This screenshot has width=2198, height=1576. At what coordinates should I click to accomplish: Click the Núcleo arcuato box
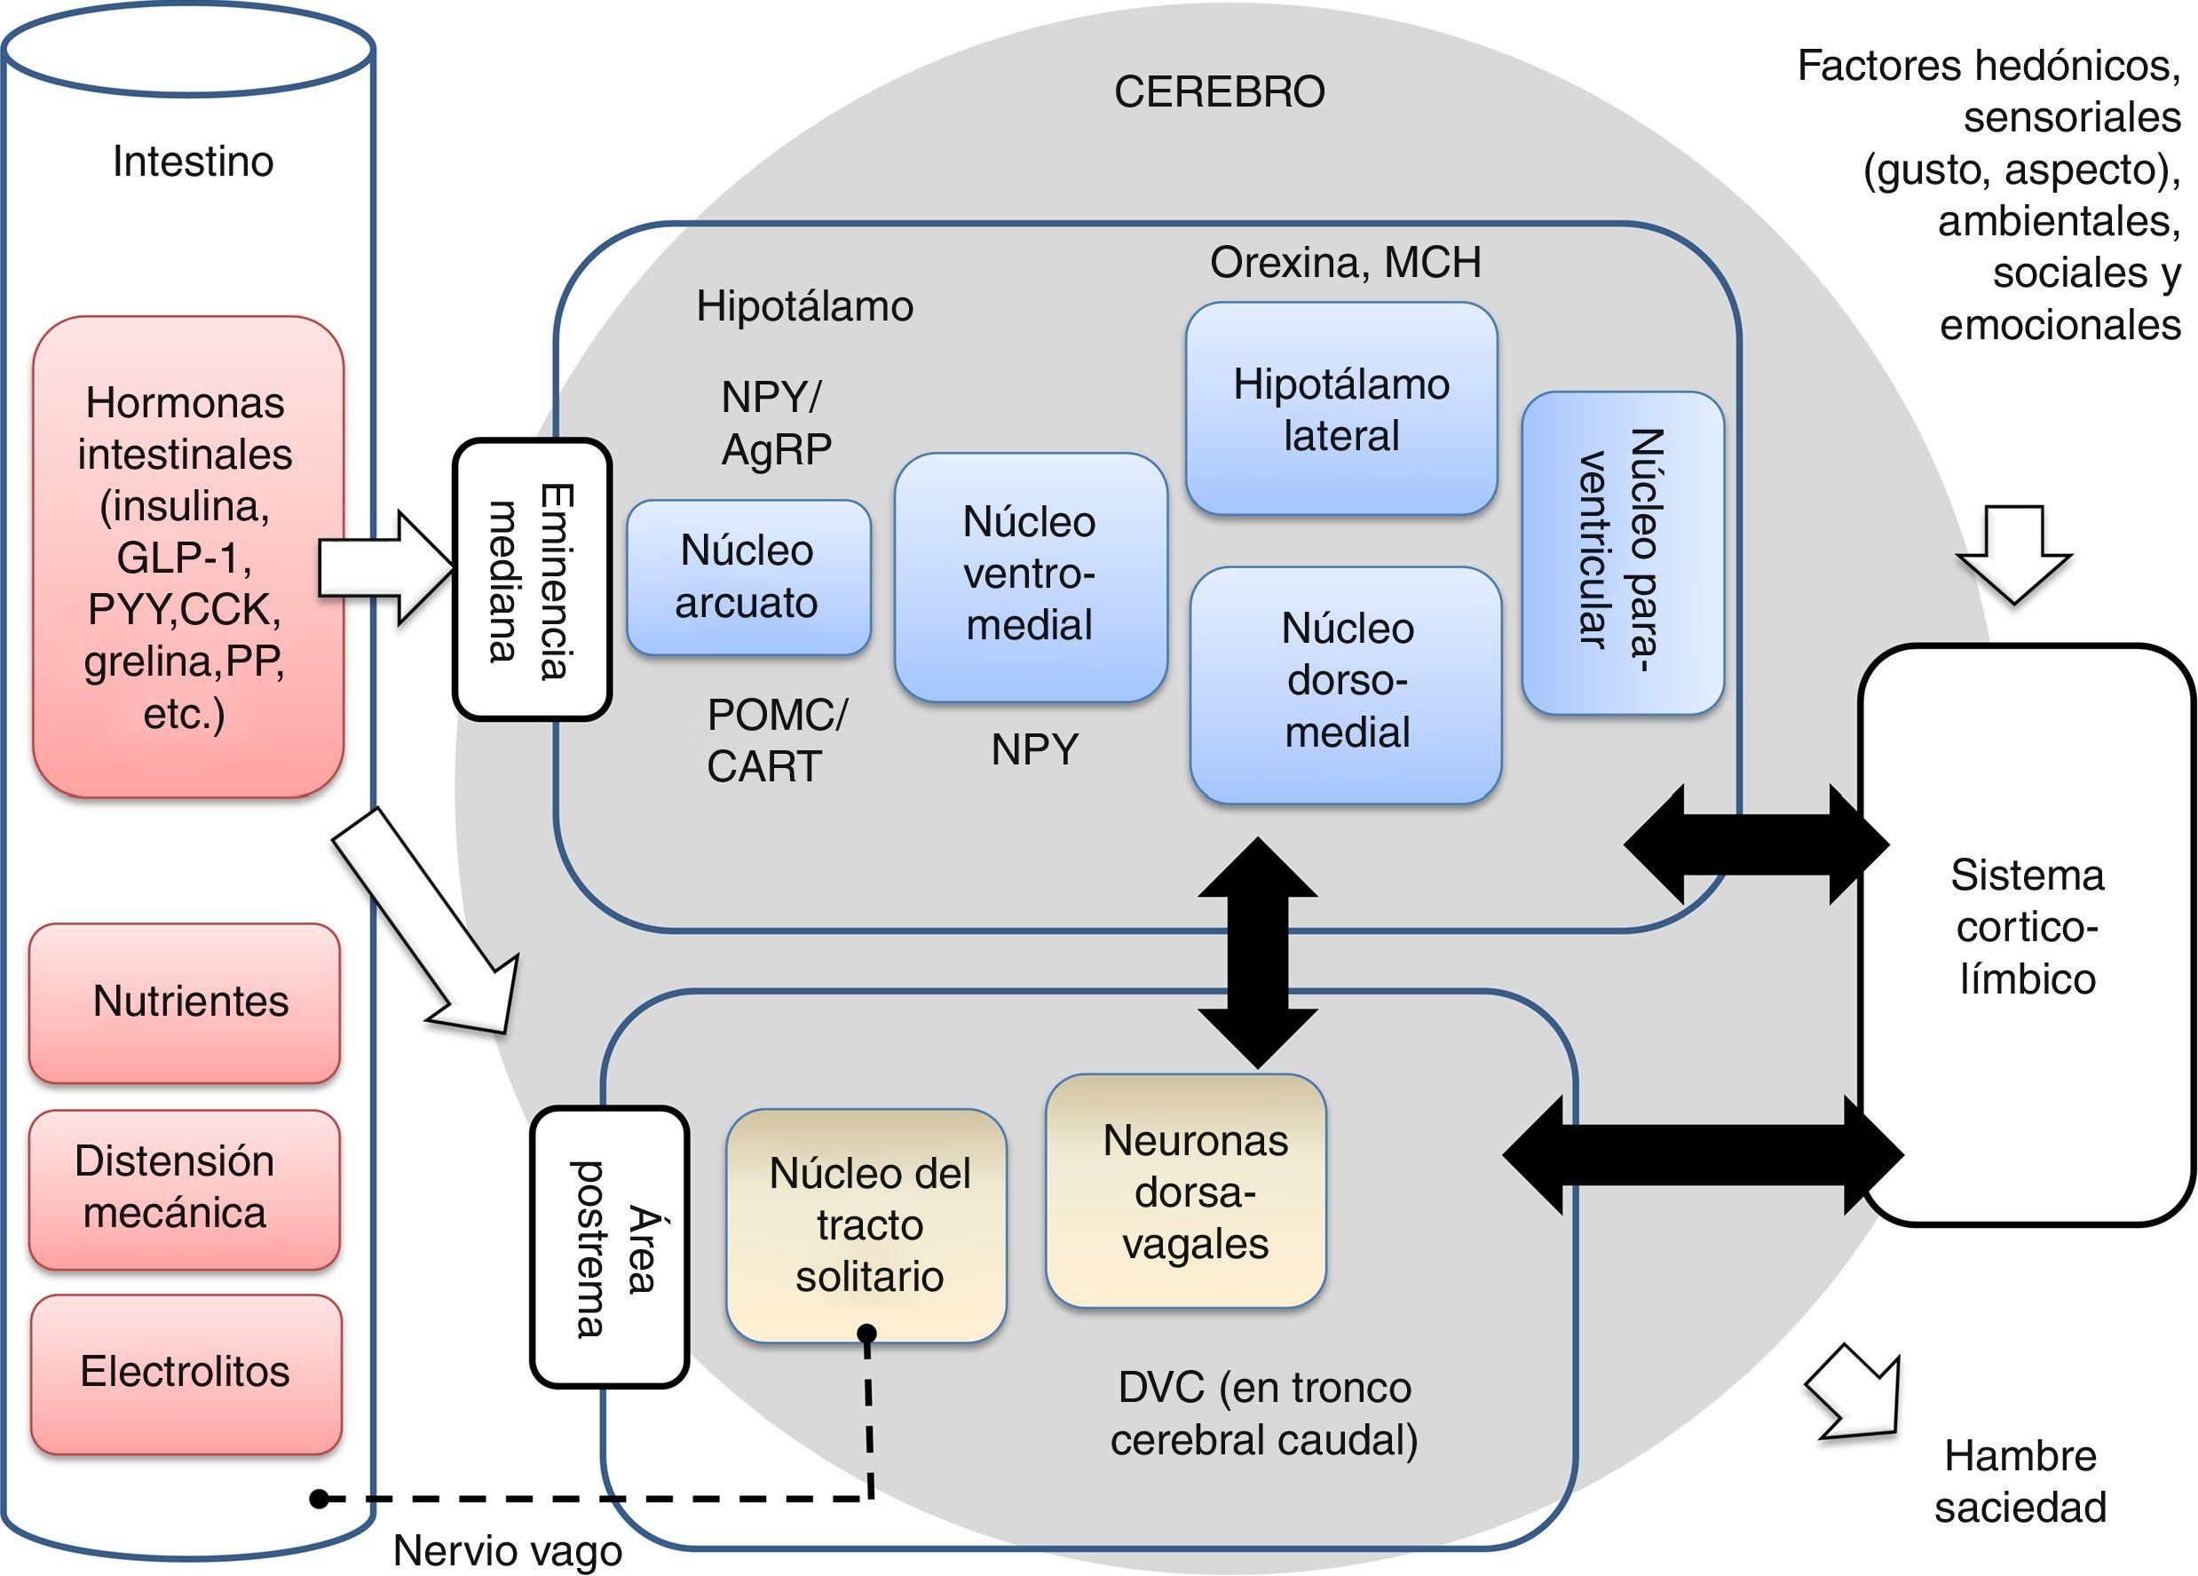tap(747, 578)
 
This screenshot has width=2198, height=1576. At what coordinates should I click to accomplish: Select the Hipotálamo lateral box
tap(1341, 409)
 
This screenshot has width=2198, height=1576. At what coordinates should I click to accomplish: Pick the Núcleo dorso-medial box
tap(1346, 684)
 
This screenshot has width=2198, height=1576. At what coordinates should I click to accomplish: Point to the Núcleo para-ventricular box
tap(1623, 552)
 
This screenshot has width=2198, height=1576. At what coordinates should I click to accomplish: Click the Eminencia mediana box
tap(532, 580)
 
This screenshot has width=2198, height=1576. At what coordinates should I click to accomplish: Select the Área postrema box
tap(609, 1247)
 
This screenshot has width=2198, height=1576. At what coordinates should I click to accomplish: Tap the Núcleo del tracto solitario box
tap(867, 1225)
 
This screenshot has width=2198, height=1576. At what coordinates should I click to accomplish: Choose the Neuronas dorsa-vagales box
tap(1186, 1192)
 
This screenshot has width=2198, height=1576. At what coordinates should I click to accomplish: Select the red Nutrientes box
tap(186, 1002)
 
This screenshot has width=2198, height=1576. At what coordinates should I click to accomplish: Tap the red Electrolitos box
tap(186, 1374)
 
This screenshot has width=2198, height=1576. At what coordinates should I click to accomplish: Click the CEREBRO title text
tap(1219, 92)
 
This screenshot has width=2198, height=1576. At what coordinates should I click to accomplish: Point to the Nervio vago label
tap(507, 1551)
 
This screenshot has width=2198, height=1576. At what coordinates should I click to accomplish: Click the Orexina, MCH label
tap(1345, 263)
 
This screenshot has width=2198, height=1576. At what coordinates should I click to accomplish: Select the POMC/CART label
tap(775, 740)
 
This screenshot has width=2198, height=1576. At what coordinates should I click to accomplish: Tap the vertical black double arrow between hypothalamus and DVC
tap(1257, 953)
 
